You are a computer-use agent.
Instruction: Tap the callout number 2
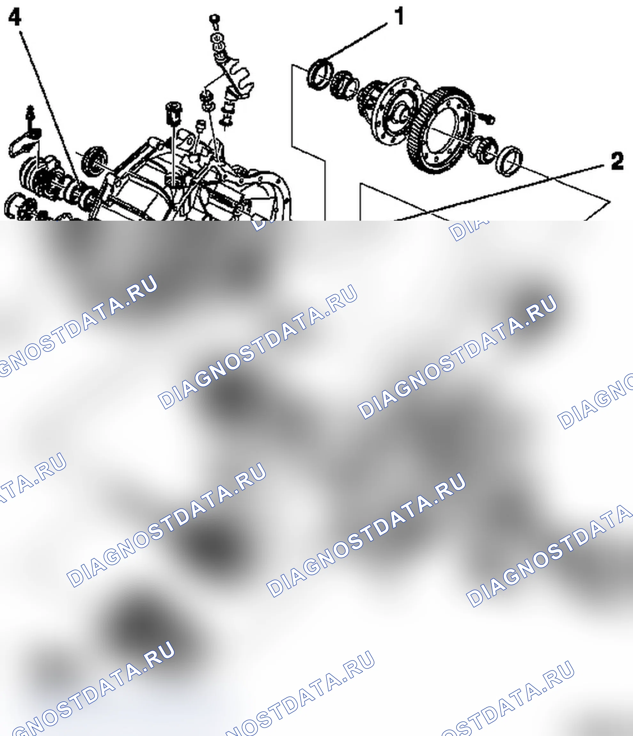pos(617,161)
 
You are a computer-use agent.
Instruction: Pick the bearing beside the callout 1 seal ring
pos(343,86)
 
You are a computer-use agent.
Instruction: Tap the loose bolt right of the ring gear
pos(487,118)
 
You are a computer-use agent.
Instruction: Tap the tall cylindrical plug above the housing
pos(174,113)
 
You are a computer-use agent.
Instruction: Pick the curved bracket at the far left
pos(23,144)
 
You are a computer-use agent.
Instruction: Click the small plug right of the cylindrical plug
pos(200,126)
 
